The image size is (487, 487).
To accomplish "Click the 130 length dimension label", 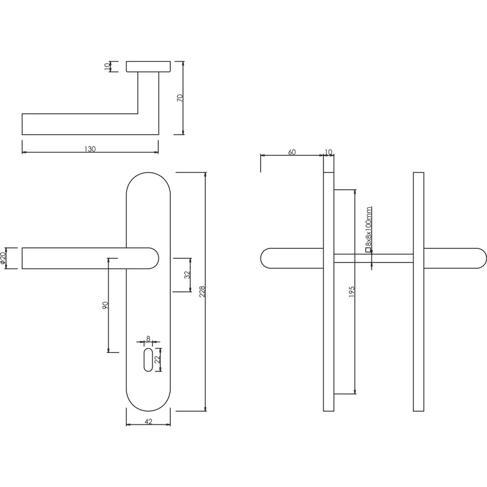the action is click(x=90, y=149).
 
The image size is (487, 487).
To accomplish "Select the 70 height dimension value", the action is click(x=180, y=98).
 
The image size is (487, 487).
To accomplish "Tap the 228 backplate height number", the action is click(x=202, y=292).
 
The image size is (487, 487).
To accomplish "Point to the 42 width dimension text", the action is click(x=148, y=421).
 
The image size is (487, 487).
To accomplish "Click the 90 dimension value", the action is click(x=105, y=305).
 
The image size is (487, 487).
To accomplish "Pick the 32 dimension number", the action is click(x=187, y=275).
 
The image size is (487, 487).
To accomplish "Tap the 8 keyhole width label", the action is click(x=148, y=339).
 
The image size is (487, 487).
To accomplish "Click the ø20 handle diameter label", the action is click(x=3, y=258).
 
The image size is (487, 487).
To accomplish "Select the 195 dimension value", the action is click(x=351, y=292).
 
